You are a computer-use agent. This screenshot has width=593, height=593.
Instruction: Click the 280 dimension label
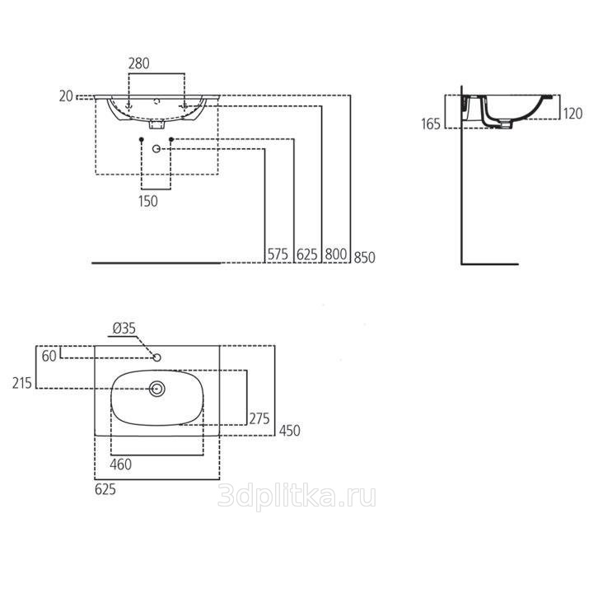coord(139,63)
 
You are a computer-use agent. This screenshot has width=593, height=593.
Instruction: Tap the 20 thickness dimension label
coord(66,96)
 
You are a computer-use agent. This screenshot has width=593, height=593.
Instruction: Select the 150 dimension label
coord(148,201)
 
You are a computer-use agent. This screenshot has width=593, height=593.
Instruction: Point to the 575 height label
coord(278,254)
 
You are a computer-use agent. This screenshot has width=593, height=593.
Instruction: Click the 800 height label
coord(336,254)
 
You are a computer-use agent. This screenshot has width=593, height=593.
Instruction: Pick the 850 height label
coord(365,257)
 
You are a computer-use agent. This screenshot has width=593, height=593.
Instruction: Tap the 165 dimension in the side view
coord(431,124)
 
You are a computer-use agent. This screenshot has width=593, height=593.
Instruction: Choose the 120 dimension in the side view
coord(572,114)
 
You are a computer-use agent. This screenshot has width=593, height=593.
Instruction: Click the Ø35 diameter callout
coord(124,329)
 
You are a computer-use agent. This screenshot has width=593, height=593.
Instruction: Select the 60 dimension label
coord(49,356)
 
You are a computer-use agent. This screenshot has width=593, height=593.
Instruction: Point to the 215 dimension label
coord(22,383)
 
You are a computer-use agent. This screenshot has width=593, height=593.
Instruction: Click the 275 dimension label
coord(259,418)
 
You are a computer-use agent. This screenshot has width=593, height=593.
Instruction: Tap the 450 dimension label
coord(290,431)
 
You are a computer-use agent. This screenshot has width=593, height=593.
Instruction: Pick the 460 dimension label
coord(120,464)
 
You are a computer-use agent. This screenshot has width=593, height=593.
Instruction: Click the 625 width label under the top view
coord(105,489)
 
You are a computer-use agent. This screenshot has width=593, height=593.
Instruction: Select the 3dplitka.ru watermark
coord(296,497)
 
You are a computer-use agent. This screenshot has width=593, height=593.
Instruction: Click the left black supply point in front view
coord(142,139)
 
